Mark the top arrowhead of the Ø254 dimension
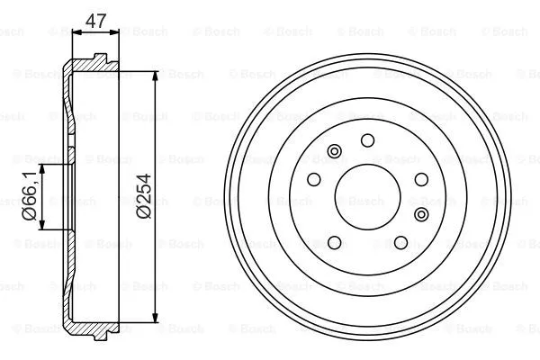tap(159, 74)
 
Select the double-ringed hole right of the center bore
tap(422, 213)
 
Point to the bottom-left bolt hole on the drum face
tap(334, 243)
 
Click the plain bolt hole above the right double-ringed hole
tap(420, 180)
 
